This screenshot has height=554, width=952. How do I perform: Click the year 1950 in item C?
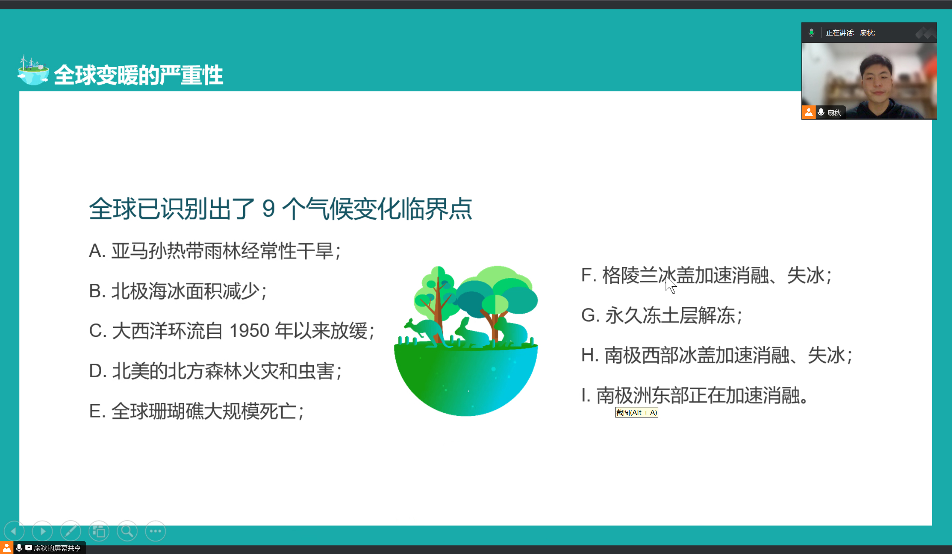249,331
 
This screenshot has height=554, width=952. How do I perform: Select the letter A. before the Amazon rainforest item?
97,250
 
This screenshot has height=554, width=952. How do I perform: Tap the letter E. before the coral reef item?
97,411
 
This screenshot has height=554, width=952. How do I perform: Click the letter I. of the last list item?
585,396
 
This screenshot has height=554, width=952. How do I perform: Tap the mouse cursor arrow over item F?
671,284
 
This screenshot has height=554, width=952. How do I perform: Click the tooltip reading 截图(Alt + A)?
637,412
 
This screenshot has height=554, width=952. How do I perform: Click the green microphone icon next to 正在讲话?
811,33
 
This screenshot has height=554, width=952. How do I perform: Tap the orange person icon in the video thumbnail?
809,112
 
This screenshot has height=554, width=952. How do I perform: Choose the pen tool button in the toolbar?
71,531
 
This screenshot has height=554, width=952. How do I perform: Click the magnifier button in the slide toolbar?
127,531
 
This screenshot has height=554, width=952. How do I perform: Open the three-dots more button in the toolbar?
155,531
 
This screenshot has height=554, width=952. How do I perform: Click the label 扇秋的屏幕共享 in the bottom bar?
58,548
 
